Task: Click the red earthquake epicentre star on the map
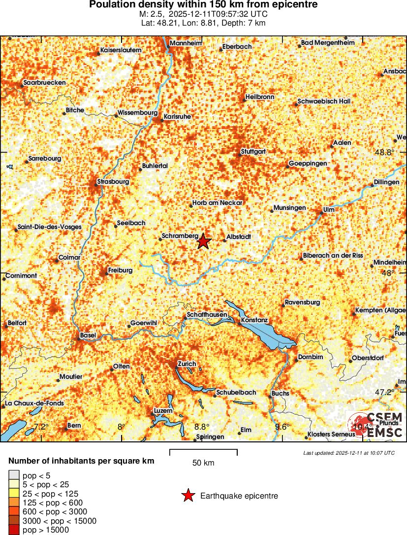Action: tap(204, 241)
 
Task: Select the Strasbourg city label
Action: tap(114, 182)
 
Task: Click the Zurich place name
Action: tap(187, 364)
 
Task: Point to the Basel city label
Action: tap(88, 335)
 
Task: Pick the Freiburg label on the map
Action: tap(121, 270)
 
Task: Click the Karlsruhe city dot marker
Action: tap(162, 120)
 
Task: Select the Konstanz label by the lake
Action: tap(255, 320)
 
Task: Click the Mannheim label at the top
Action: tap(186, 43)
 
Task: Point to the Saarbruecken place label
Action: tap(44, 83)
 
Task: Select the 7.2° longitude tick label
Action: tap(41, 427)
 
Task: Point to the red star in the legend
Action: tap(188, 496)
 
